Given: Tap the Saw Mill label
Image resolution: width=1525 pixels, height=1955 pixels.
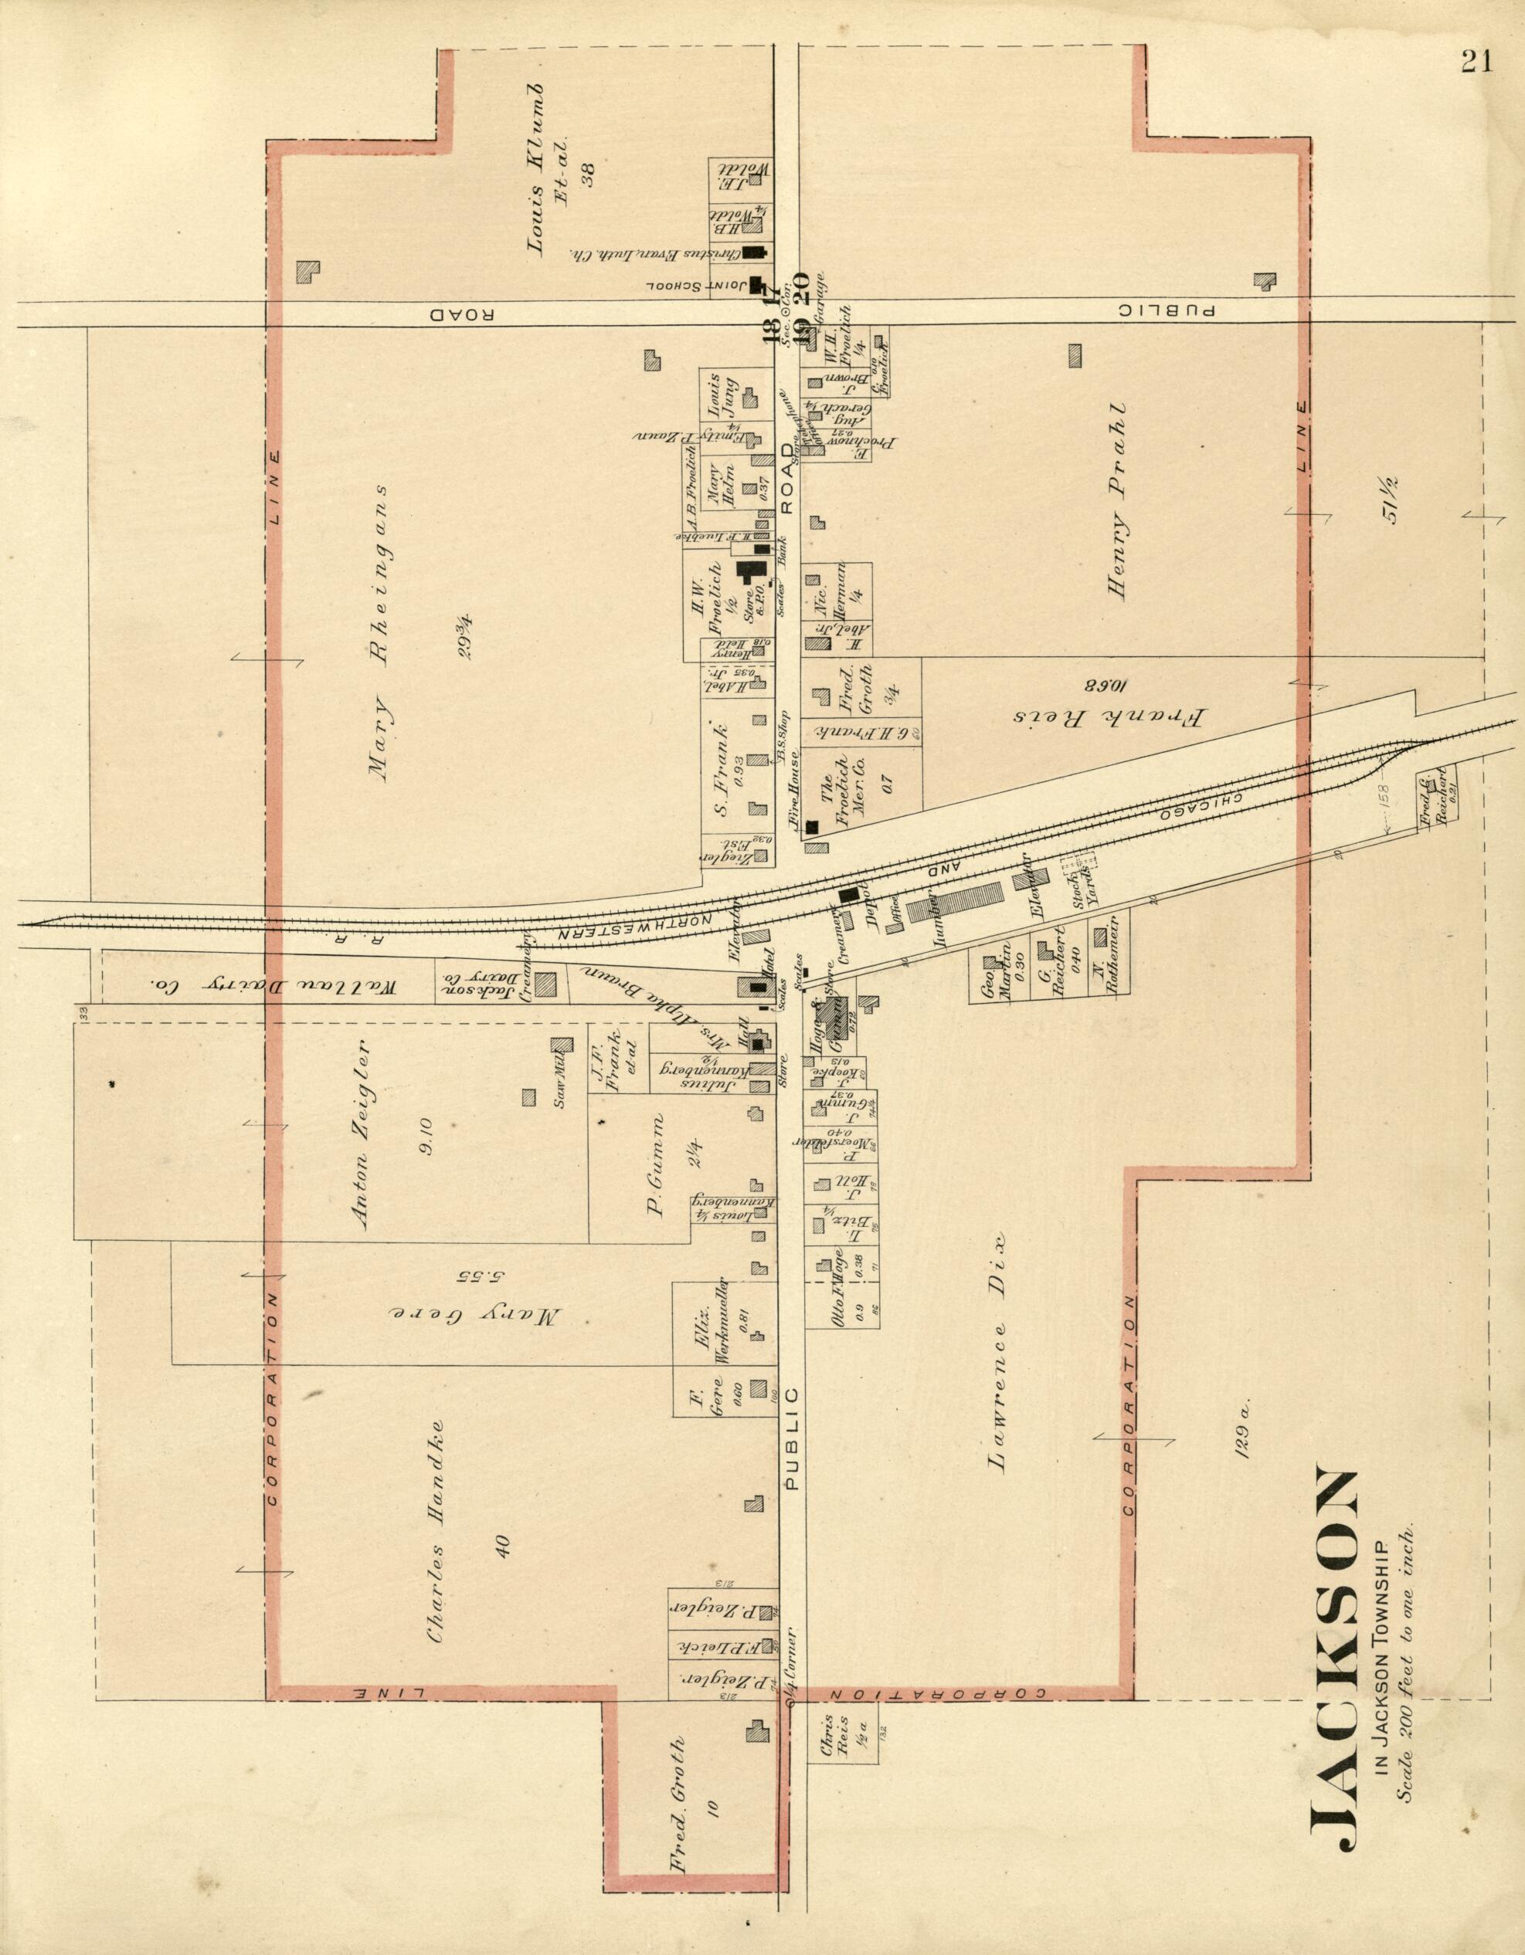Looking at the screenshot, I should click(x=562, y=1089).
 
